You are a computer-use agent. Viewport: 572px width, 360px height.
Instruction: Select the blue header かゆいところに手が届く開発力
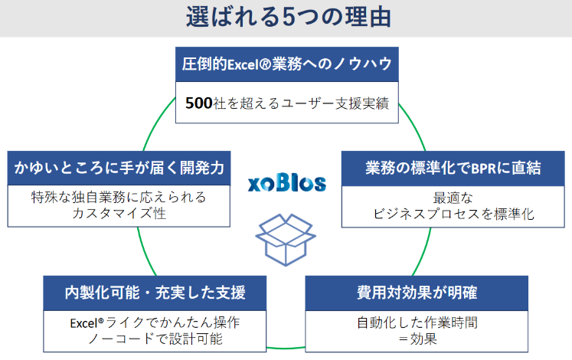click(x=119, y=168)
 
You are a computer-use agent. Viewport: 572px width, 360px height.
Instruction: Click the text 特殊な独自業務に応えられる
click(x=119, y=198)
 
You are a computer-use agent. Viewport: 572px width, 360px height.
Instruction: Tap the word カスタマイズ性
click(x=119, y=214)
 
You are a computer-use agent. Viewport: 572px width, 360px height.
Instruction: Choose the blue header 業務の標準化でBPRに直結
click(x=454, y=168)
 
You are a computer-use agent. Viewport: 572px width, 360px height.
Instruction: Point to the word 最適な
click(x=454, y=198)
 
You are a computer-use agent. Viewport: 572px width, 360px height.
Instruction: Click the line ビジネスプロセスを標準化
click(x=454, y=214)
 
